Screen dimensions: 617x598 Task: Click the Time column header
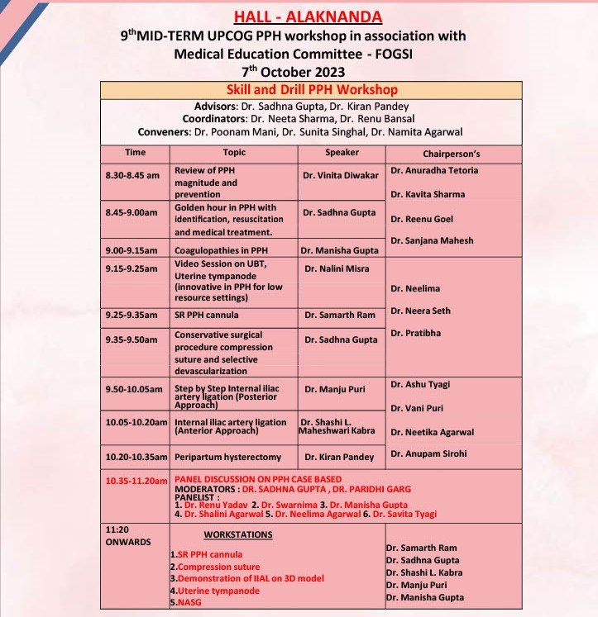135,153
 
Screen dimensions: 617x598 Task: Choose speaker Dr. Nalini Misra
339,269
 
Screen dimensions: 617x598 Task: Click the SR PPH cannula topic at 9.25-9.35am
206,315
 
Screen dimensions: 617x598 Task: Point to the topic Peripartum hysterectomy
227,457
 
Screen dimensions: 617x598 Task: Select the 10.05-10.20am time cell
136,423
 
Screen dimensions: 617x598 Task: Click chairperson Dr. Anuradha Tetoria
434,171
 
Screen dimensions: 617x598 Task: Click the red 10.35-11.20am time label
136,480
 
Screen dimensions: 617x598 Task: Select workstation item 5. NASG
184,602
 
